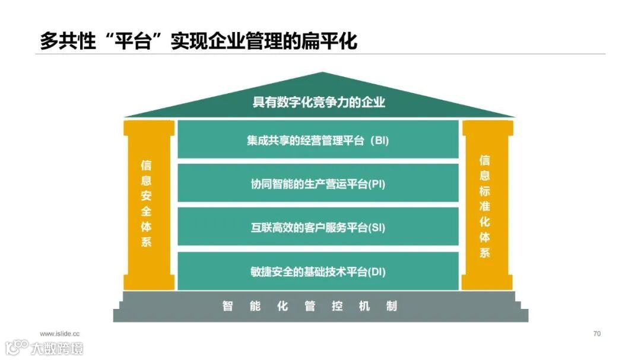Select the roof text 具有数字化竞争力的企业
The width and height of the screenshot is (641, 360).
point(319,102)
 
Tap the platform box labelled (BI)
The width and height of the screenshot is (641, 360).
point(318,141)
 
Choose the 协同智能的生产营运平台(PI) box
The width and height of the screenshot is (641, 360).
point(318,184)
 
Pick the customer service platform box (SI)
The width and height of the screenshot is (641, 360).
point(318,228)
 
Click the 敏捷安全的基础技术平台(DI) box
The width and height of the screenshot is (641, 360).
point(318,272)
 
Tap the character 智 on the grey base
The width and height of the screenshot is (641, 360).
point(227,307)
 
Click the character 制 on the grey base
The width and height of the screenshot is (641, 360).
point(392,307)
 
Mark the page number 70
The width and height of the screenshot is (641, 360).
point(596,334)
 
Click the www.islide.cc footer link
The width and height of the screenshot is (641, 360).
point(60,334)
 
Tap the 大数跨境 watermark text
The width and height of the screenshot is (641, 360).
point(58,348)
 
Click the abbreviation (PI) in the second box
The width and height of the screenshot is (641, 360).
point(376,184)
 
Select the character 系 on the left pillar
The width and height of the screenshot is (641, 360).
point(146,242)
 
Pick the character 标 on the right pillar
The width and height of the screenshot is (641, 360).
point(485,191)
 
